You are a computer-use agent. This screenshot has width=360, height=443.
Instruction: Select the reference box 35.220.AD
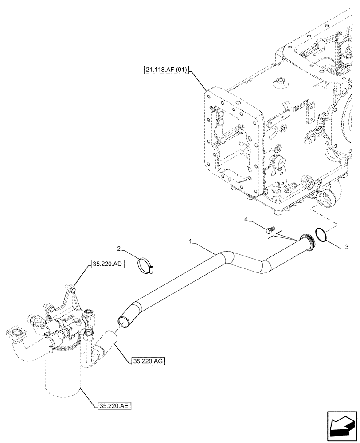coord(108,264)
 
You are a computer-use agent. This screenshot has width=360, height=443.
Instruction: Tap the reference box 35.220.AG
coord(149,361)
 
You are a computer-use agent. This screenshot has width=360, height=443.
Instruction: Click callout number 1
coord(190,242)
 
